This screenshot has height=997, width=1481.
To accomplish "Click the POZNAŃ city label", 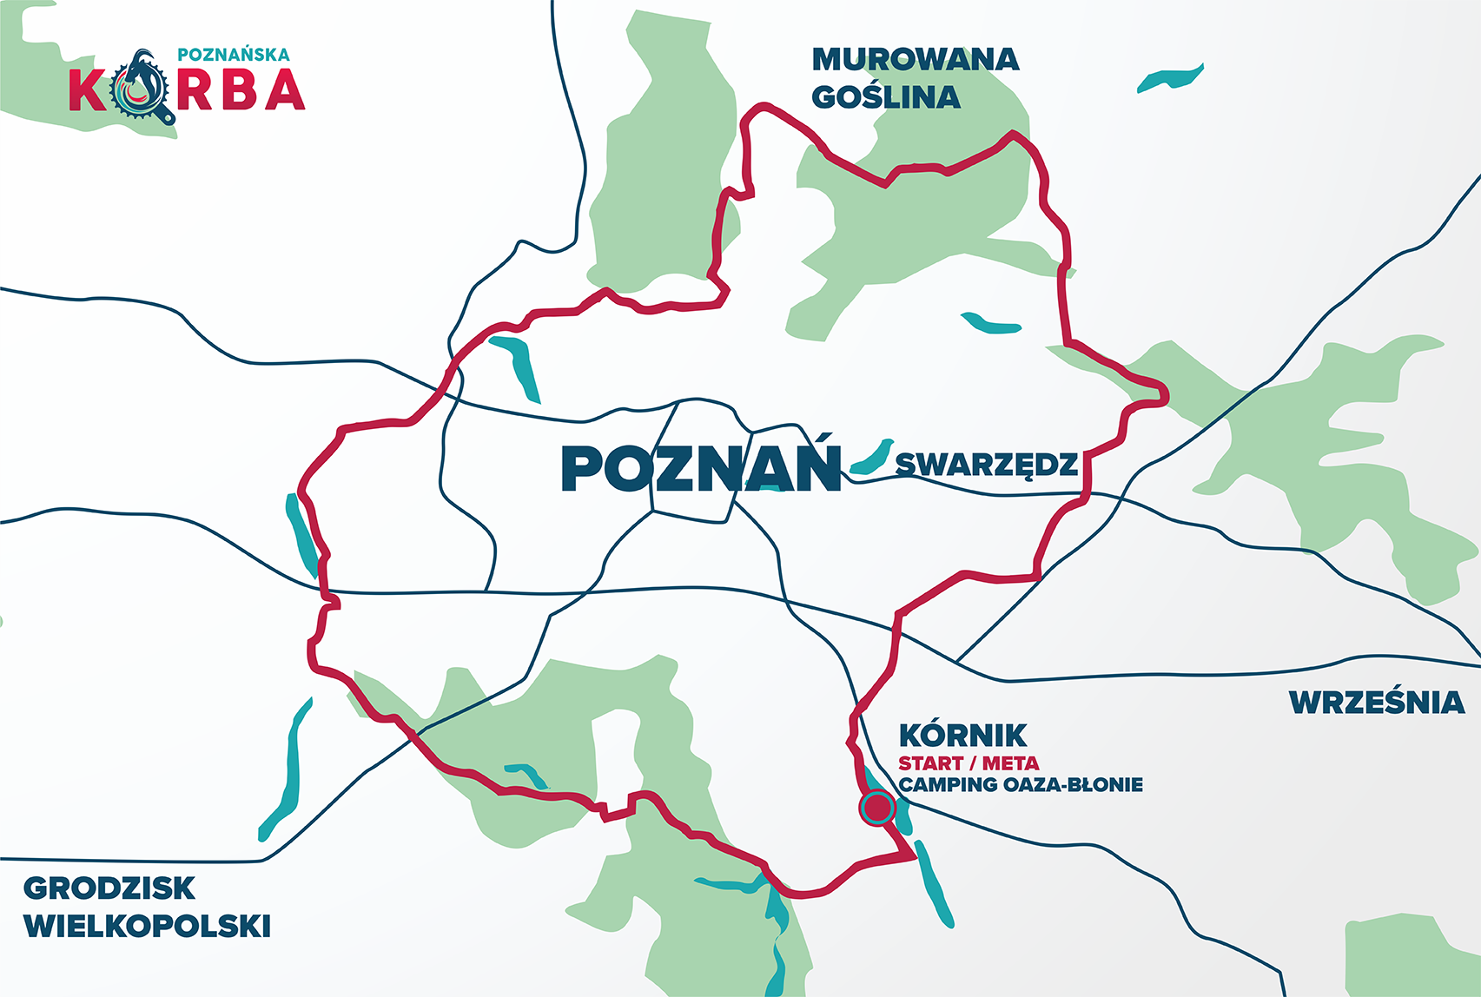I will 701,469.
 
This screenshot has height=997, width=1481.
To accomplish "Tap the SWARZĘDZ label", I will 987,465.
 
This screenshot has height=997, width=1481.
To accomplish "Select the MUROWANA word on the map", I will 915,59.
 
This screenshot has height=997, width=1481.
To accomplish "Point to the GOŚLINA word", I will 886,97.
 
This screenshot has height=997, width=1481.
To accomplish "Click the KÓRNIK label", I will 962,736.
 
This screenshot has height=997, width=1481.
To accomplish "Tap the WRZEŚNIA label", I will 1377,702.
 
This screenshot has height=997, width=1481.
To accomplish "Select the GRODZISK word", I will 109,888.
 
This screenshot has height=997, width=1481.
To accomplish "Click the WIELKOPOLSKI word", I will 147,926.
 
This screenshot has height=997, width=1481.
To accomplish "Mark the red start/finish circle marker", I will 877,808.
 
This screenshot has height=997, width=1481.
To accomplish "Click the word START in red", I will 930,763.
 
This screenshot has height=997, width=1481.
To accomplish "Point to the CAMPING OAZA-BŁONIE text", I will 1021,785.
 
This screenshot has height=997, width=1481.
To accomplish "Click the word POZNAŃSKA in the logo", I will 233,55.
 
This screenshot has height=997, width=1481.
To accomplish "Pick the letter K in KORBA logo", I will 88,90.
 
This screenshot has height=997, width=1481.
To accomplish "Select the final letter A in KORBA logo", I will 285,89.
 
